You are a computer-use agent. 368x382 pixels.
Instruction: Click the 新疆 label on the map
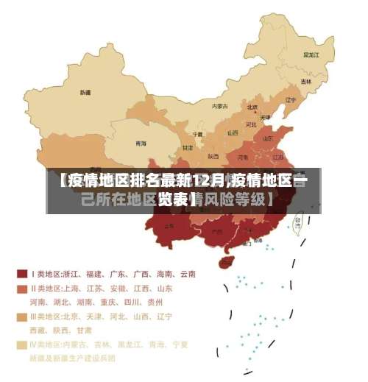click(x=85, y=93)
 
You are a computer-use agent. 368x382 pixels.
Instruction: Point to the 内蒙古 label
click(x=220, y=106)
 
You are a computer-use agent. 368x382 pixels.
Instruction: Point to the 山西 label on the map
click(x=233, y=133)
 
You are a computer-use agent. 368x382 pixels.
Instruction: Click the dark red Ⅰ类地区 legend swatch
click(x=22, y=274)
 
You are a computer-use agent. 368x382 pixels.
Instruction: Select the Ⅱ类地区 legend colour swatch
click(x=22, y=289)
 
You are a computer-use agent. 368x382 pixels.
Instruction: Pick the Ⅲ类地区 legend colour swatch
click(x=22, y=316)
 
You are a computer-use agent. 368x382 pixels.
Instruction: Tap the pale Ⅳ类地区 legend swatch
click(x=22, y=344)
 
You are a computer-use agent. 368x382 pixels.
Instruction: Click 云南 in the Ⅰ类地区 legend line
click(x=187, y=274)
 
